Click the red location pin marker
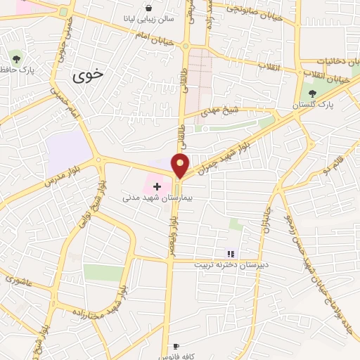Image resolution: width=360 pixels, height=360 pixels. point(181,165)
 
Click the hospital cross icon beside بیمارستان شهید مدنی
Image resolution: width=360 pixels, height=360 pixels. point(157,188)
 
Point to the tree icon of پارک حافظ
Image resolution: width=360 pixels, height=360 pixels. point(16,57)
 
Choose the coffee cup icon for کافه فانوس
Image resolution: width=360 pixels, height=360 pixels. point(176,346)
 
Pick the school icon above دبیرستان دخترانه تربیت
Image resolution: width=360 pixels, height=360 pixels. point(229,254)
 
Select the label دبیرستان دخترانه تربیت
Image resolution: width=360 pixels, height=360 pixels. point(229,264)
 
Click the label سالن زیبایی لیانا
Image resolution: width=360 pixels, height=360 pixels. point(149,18)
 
